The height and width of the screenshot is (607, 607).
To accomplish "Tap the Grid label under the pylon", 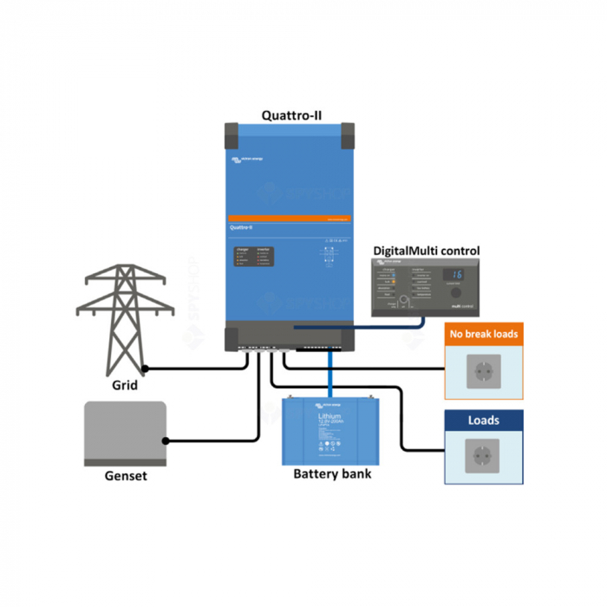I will (x=125, y=384).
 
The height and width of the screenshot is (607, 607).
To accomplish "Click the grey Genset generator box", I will (x=125, y=431).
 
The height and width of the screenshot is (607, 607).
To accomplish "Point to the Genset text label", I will (x=126, y=476).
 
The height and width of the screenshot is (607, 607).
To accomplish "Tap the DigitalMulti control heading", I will (x=426, y=251).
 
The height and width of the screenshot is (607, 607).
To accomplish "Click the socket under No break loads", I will (x=483, y=372).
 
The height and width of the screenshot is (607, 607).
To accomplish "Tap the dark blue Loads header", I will (x=484, y=421).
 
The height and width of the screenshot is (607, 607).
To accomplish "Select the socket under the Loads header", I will (x=483, y=456).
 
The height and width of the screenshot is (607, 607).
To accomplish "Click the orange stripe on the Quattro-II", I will (x=290, y=217).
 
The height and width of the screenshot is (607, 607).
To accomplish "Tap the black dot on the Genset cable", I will (x=166, y=441).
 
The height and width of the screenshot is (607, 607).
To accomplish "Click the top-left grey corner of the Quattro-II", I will (x=232, y=134).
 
